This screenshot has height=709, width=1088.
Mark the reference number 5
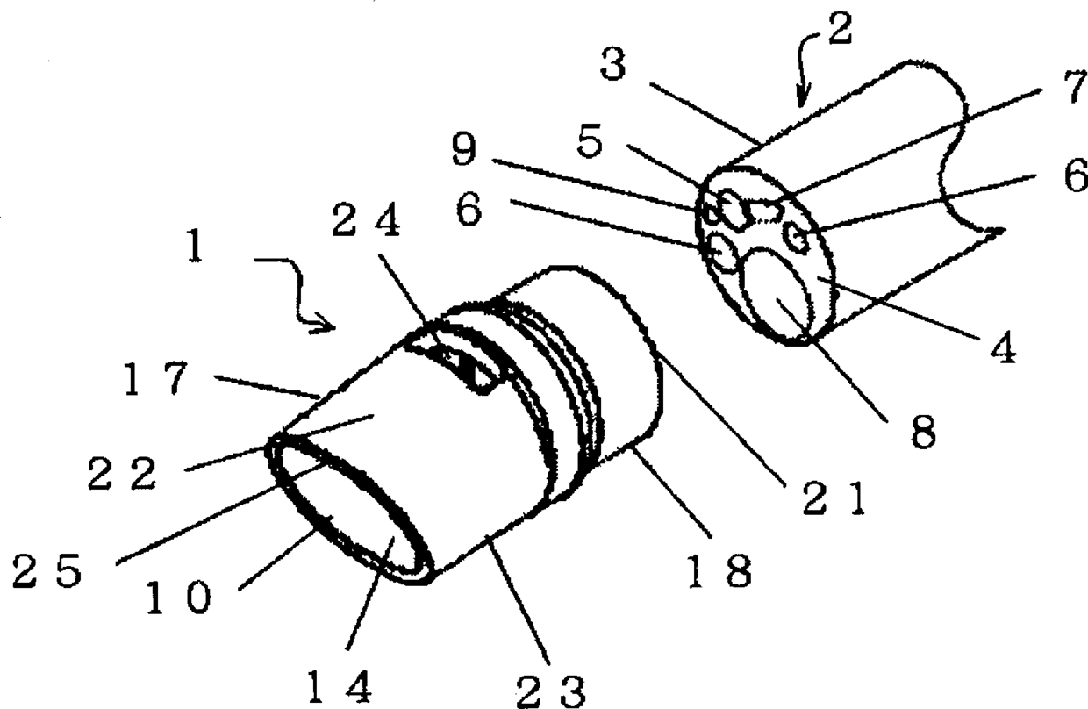[x=591, y=143]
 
